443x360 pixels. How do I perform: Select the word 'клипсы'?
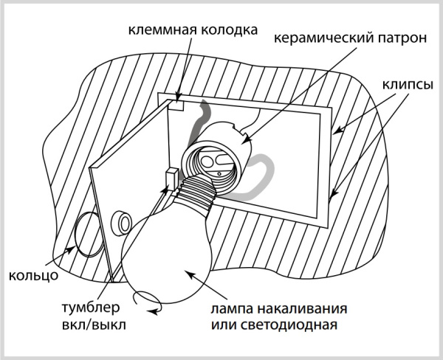click(407, 83)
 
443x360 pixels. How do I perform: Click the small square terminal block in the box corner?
click(177, 105)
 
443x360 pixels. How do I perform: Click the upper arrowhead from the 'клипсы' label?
click(335, 133)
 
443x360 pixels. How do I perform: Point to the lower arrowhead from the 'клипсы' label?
click(332, 197)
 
